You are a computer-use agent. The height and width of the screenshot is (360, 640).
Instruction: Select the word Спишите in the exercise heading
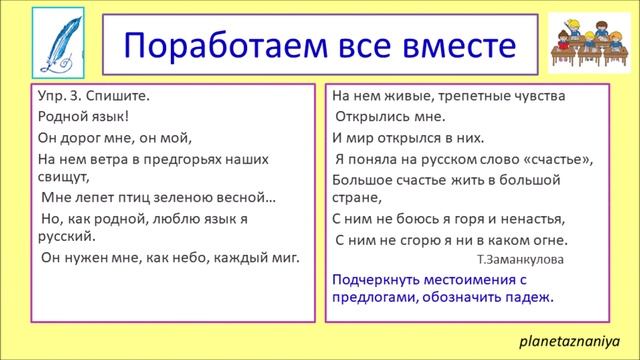pos(122,97)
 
